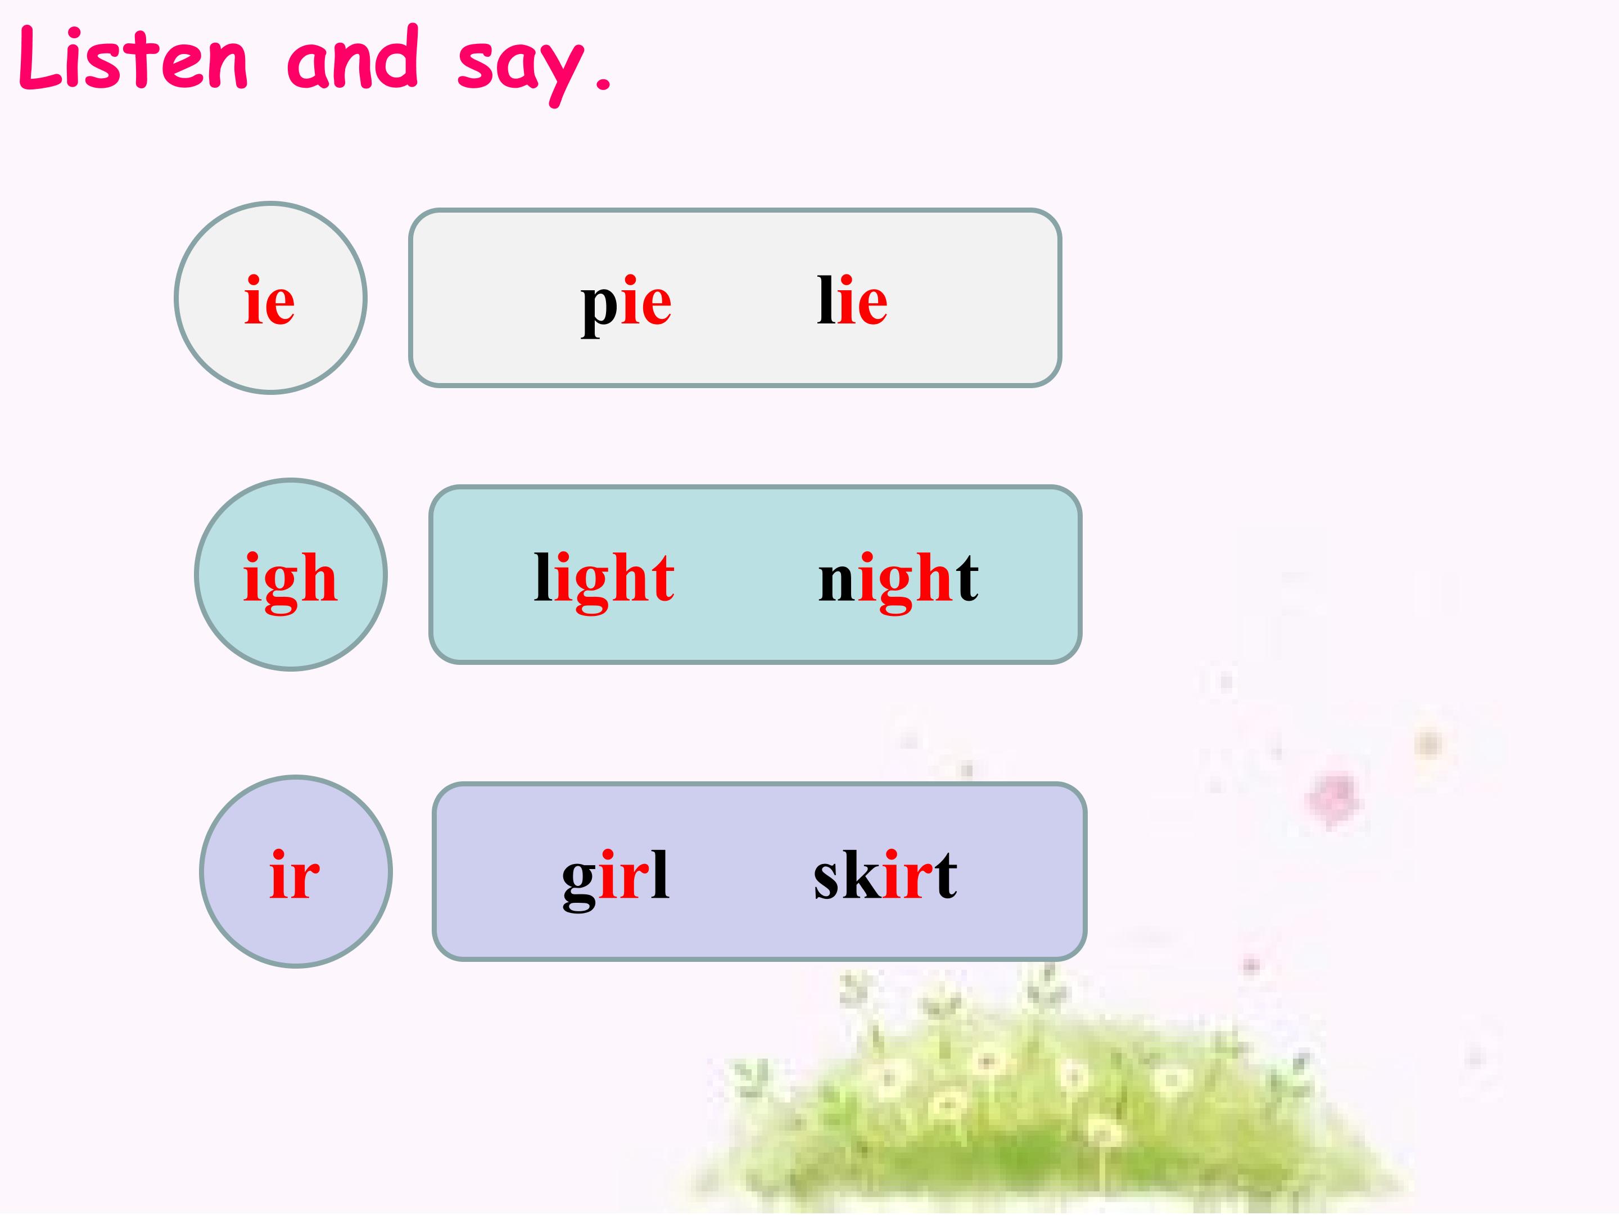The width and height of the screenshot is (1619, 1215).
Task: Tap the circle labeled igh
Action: tap(291, 575)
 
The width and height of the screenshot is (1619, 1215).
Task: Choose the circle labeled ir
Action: tap(296, 871)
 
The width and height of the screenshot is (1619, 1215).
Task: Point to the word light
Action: tap(604, 579)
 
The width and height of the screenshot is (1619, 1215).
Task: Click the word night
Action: tap(898, 579)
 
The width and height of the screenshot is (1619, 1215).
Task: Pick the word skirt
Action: tap(885, 875)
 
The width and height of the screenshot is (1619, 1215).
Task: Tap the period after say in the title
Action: tap(603, 85)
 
